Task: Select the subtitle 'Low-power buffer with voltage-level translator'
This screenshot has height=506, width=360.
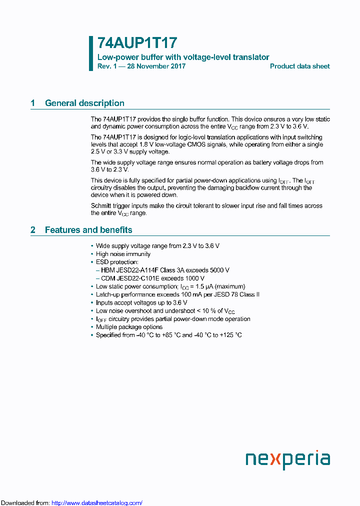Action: click(183, 57)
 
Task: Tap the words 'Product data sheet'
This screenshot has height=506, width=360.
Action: click(299, 66)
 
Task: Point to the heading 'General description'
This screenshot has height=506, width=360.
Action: click(84, 103)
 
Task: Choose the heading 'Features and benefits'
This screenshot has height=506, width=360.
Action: click(88, 230)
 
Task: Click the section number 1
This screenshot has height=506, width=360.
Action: click(33, 103)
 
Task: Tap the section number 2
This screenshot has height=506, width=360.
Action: click(33, 230)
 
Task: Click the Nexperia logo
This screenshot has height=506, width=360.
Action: click(287, 459)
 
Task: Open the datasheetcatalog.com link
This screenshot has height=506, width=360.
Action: click(97, 503)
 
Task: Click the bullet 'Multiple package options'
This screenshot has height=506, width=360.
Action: click(129, 327)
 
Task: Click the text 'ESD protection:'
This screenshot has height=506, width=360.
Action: click(117, 262)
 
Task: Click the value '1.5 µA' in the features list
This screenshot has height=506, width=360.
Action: click(201, 286)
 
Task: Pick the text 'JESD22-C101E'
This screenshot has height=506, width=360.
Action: click(135, 278)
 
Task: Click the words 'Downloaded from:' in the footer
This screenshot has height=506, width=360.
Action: click(25, 503)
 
